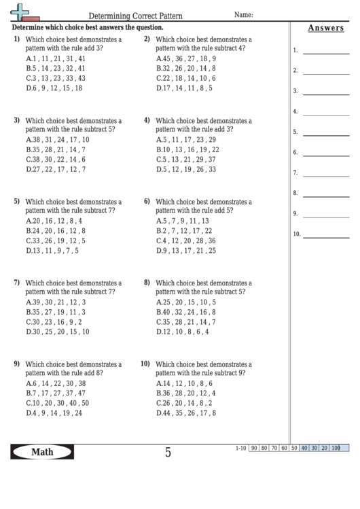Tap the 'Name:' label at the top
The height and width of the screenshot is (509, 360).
tap(244, 14)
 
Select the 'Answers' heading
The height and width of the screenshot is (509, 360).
tap(325, 28)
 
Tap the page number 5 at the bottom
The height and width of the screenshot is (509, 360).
tap(168, 452)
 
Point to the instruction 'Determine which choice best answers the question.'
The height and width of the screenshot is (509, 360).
tap(88, 28)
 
